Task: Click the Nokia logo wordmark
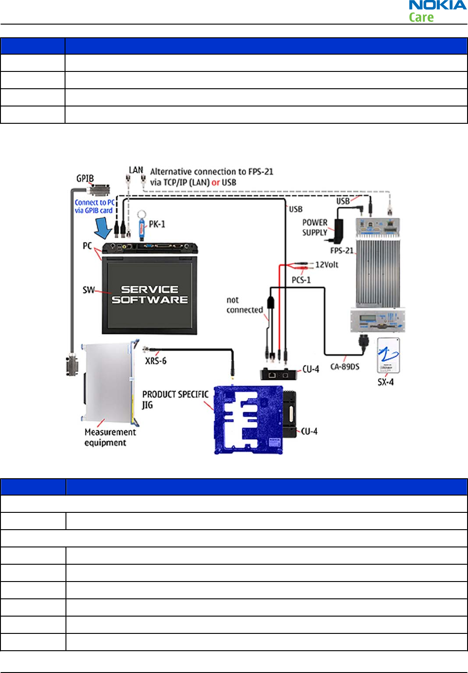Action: (x=438, y=5)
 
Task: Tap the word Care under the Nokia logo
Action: (x=421, y=18)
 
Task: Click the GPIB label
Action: (x=85, y=178)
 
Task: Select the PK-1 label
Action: (x=157, y=224)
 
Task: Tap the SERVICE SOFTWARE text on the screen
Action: (x=150, y=294)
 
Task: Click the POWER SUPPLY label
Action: (x=315, y=228)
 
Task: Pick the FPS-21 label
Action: (x=342, y=250)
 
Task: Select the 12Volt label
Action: (x=327, y=264)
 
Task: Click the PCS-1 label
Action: (x=301, y=280)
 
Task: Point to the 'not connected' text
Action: (x=244, y=305)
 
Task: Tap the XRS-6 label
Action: (x=156, y=361)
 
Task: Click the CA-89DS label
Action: (x=345, y=366)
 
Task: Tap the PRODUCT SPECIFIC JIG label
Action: (x=175, y=399)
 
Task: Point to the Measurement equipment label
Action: (x=110, y=437)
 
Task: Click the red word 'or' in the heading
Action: (x=216, y=182)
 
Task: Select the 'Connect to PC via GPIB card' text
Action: (x=94, y=206)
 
